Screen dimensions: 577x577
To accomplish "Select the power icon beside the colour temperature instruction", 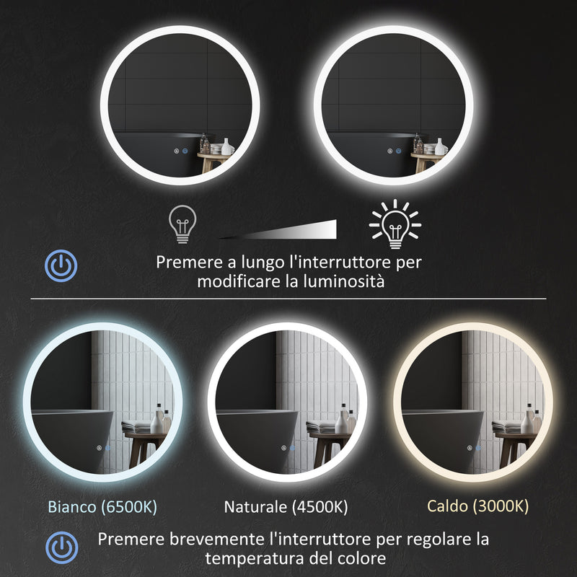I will tap(61, 546).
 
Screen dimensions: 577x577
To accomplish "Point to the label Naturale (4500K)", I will tap(286, 506).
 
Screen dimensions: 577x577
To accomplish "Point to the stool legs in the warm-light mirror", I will tap(509, 451).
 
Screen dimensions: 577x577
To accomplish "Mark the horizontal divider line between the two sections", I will tap(288, 299).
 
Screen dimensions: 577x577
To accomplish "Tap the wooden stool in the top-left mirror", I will tap(213, 160).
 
